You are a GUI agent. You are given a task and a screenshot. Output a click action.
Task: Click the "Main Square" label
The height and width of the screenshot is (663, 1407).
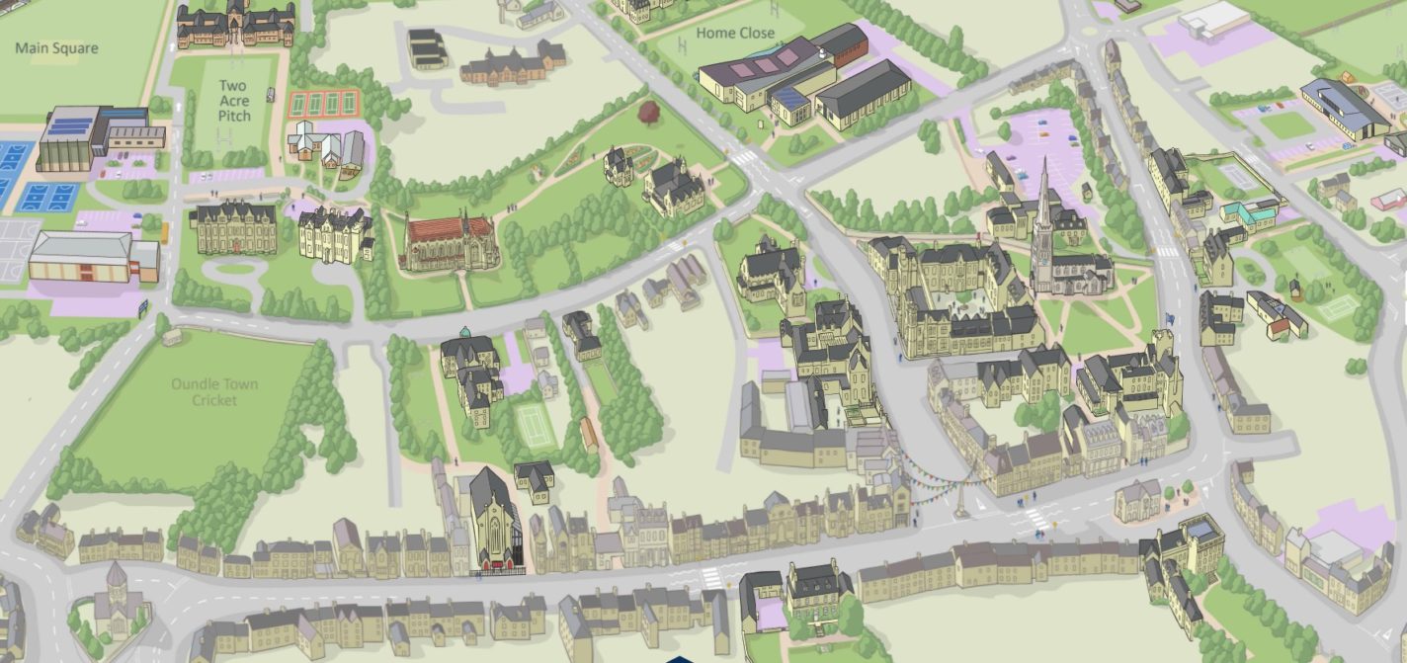56,47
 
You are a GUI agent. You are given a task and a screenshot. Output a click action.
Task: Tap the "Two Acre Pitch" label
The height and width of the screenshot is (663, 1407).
234,101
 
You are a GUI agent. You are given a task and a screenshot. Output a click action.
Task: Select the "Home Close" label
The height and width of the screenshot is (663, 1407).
735,33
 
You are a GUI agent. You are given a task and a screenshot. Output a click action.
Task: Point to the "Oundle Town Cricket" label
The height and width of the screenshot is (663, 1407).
214,391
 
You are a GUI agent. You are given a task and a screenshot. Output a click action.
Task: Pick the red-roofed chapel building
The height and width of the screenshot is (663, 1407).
449,242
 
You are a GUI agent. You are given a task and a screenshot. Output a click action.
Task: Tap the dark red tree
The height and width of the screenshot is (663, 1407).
650,111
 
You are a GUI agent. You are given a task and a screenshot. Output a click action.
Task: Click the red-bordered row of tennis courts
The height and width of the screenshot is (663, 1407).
323,104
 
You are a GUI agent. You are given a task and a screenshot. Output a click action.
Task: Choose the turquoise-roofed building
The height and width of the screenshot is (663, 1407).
1249,210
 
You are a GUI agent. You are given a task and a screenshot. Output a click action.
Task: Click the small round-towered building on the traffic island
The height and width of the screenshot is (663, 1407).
117,599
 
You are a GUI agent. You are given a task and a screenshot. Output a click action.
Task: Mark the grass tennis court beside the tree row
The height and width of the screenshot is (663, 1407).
535,426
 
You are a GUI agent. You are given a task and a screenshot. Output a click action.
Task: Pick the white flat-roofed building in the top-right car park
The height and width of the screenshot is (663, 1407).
1213,19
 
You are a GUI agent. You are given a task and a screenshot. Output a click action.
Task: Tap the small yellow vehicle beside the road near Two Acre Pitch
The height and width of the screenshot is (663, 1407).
165,233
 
